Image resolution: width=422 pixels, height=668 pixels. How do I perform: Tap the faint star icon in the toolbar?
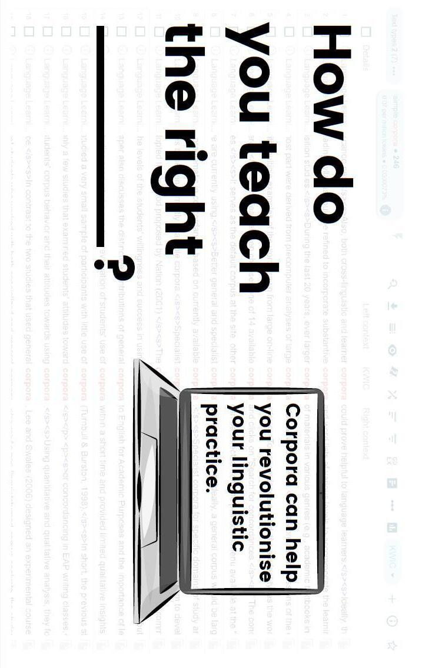[391, 645]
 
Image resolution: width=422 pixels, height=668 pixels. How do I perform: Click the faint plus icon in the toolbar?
[392, 599]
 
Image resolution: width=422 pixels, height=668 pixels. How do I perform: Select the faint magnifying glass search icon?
[392, 285]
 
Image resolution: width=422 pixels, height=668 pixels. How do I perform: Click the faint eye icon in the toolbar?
[392, 350]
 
